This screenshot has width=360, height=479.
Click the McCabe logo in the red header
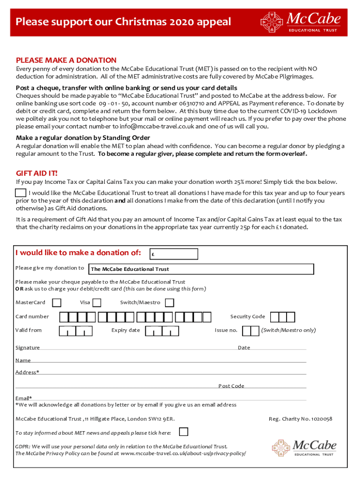(301, 22)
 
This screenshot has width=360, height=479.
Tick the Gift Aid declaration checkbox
(21, 193)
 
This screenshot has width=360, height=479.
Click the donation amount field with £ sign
(173, 254)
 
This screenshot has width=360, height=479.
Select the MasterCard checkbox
(57, 302)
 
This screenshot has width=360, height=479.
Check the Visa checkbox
(99, 302)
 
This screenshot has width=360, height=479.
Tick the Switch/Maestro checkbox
(169, 302)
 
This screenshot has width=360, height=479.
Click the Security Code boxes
(283, 317)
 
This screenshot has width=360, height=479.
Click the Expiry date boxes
(162, 331)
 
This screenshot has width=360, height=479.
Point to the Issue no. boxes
(251, 331)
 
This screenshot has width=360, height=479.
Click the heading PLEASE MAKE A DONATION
(66, 60)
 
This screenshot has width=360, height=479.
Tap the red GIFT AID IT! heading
(37, 173)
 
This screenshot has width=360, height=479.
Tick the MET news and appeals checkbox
(184, 432)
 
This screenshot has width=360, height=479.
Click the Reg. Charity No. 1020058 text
(300, 419)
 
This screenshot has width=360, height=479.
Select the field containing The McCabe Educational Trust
(201, 269)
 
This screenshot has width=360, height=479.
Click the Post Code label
(231, 386)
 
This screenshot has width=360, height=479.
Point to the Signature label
(28, 348)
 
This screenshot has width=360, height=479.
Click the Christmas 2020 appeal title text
(123, 22)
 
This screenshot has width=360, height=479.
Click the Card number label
(32, 317)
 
